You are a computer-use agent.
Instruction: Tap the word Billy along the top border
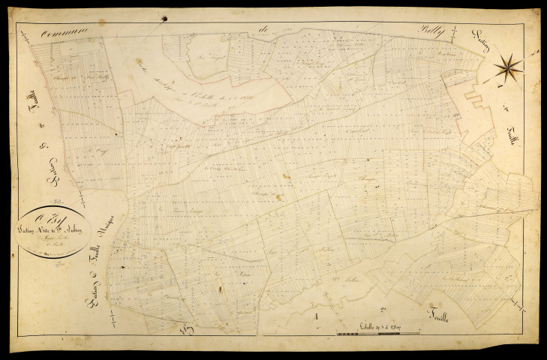click(434, 32)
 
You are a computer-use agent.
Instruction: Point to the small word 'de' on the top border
click(263, 29)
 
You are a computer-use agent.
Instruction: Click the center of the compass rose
click(509, 67)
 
